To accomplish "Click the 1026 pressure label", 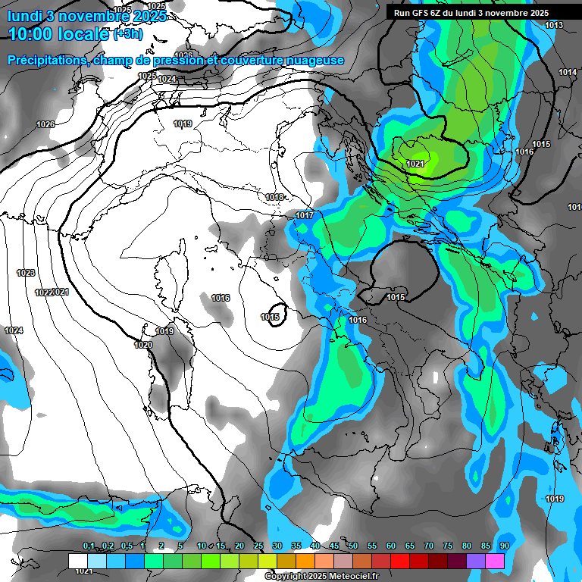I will [x=45, y=124].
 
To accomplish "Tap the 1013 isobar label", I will [x=554, y=26].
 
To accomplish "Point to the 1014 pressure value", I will [x=568, y=72].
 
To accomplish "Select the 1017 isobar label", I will [x=305, y=216].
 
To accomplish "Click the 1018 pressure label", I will [x=275, y=197].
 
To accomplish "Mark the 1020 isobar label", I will [x=142, y=345].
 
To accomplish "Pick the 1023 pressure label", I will [x=26, y=272].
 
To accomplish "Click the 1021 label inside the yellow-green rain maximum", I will [x=415, y=164].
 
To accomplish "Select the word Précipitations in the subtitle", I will [x=44, y=61].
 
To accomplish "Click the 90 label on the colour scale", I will [x=504, y=546].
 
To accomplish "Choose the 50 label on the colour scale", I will [x=352, y=546].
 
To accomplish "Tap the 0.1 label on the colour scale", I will [x=89, y=546].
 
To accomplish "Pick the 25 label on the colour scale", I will [x=258, y=546].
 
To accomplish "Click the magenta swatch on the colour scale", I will [x=495, y=561].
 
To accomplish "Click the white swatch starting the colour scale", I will [x=78, y=561].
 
